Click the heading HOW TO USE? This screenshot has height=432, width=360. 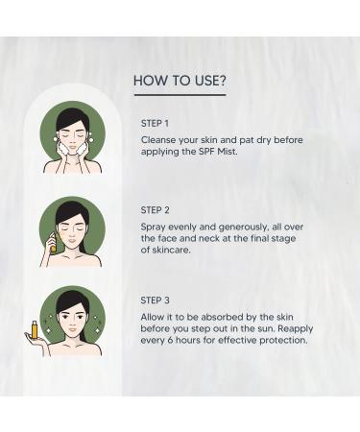coord(180,81)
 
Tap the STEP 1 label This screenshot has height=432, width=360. coord(155,124)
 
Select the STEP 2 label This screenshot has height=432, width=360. coord(156,210)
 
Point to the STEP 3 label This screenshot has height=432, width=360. coord(156,299)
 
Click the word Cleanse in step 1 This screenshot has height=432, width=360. coord(160,140)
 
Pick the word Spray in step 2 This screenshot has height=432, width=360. coord(156,227)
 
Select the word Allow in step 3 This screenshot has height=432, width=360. coord(156,315)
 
